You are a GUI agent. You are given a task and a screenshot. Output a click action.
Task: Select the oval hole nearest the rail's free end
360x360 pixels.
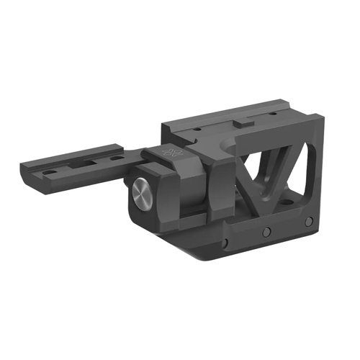pyautogui.click(x=48, y=174)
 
